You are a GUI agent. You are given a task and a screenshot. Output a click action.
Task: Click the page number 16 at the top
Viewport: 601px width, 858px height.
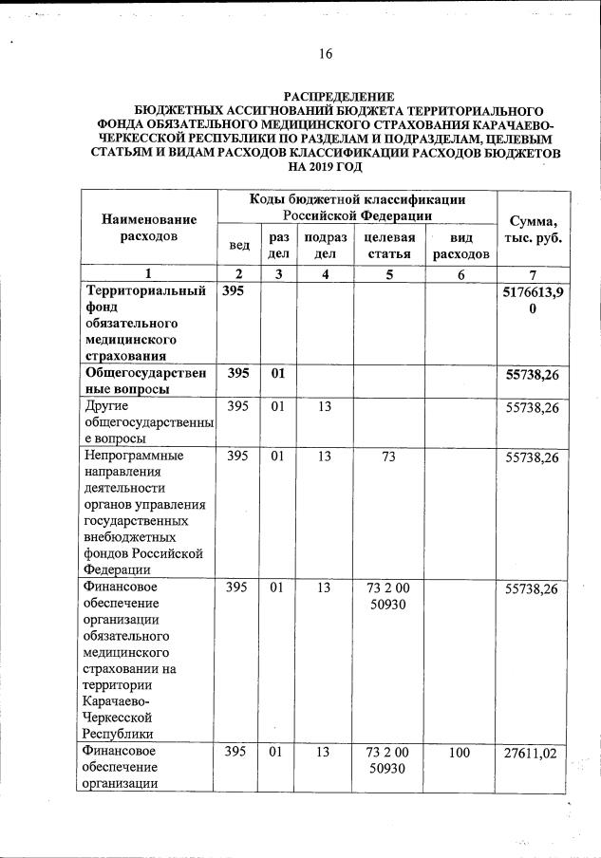tap(326, 54)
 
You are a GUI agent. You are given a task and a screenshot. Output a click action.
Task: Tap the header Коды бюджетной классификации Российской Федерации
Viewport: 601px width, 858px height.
tap(357, 206)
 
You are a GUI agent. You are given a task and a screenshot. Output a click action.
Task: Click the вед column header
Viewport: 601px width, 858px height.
tap(240, 245)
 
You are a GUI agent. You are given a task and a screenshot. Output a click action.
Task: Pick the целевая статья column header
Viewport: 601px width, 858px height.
tap(389, 245)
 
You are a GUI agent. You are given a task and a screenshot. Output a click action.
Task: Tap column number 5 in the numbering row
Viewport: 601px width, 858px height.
tap(389, 274)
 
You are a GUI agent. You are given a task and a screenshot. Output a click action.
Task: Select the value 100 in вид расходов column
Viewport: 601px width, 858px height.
tap(460, 752)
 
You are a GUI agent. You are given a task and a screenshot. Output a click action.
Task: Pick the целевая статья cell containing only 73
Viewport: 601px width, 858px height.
tap(389, 456)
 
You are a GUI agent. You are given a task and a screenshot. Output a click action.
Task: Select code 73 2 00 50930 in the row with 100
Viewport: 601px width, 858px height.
tap(389, 759)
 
